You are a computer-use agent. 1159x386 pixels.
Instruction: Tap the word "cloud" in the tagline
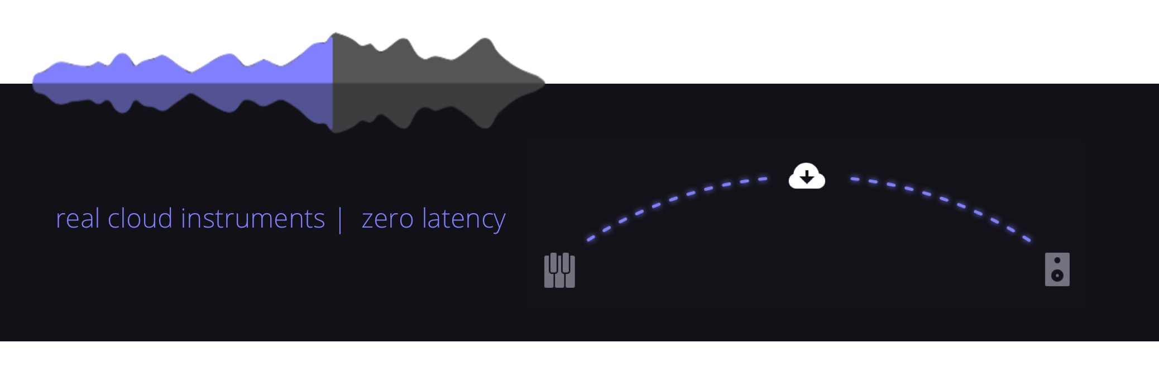[140, 218]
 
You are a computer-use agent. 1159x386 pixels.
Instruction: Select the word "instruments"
[253, 218]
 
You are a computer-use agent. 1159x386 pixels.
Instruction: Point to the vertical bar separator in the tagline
[340, 219]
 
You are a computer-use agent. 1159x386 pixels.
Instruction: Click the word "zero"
[387, 219]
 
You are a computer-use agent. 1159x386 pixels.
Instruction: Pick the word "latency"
[464, 219]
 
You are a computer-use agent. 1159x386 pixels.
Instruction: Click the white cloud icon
[807, 176]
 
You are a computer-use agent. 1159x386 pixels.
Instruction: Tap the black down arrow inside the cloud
[807, 177]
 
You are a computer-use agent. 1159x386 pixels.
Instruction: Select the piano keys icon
[559, 271]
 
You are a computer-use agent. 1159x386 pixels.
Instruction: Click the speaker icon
[1057, 269]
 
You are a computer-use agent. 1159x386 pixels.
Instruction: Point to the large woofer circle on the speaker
[1057, 275]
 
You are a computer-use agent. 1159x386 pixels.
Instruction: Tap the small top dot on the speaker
[1057, 260]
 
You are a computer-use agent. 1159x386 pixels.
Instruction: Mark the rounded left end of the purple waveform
[33, 83]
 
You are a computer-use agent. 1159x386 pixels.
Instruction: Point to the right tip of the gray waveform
[544, 83]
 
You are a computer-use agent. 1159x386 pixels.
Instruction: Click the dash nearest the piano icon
[591, 239]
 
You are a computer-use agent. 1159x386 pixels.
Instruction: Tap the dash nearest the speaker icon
[1027, 239]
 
